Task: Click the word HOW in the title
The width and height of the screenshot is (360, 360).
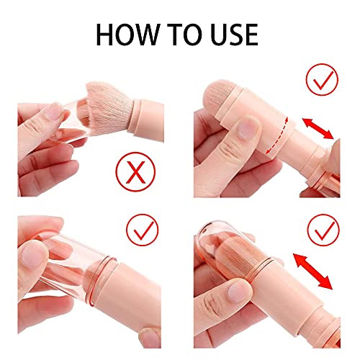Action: [x=127, y=35]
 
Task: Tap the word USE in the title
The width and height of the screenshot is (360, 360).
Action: [x=234, y=35]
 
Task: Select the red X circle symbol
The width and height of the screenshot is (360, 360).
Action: [x=136, y=171]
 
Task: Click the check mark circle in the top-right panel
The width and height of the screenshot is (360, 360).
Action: [x=322, y=79]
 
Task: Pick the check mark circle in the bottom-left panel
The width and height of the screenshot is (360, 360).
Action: [x=143, y=230]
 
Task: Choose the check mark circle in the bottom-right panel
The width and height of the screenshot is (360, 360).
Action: [x=323, y=230]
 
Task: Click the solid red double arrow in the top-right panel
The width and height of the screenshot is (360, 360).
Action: [x=318, y=128]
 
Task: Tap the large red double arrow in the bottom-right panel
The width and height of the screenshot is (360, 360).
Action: [x=313, y=271]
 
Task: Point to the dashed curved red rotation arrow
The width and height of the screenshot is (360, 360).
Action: [x=282, y=135]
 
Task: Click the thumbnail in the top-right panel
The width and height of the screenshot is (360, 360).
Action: [x=247, y=128]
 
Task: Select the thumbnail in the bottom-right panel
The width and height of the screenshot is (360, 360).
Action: [x=240, y=291]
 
